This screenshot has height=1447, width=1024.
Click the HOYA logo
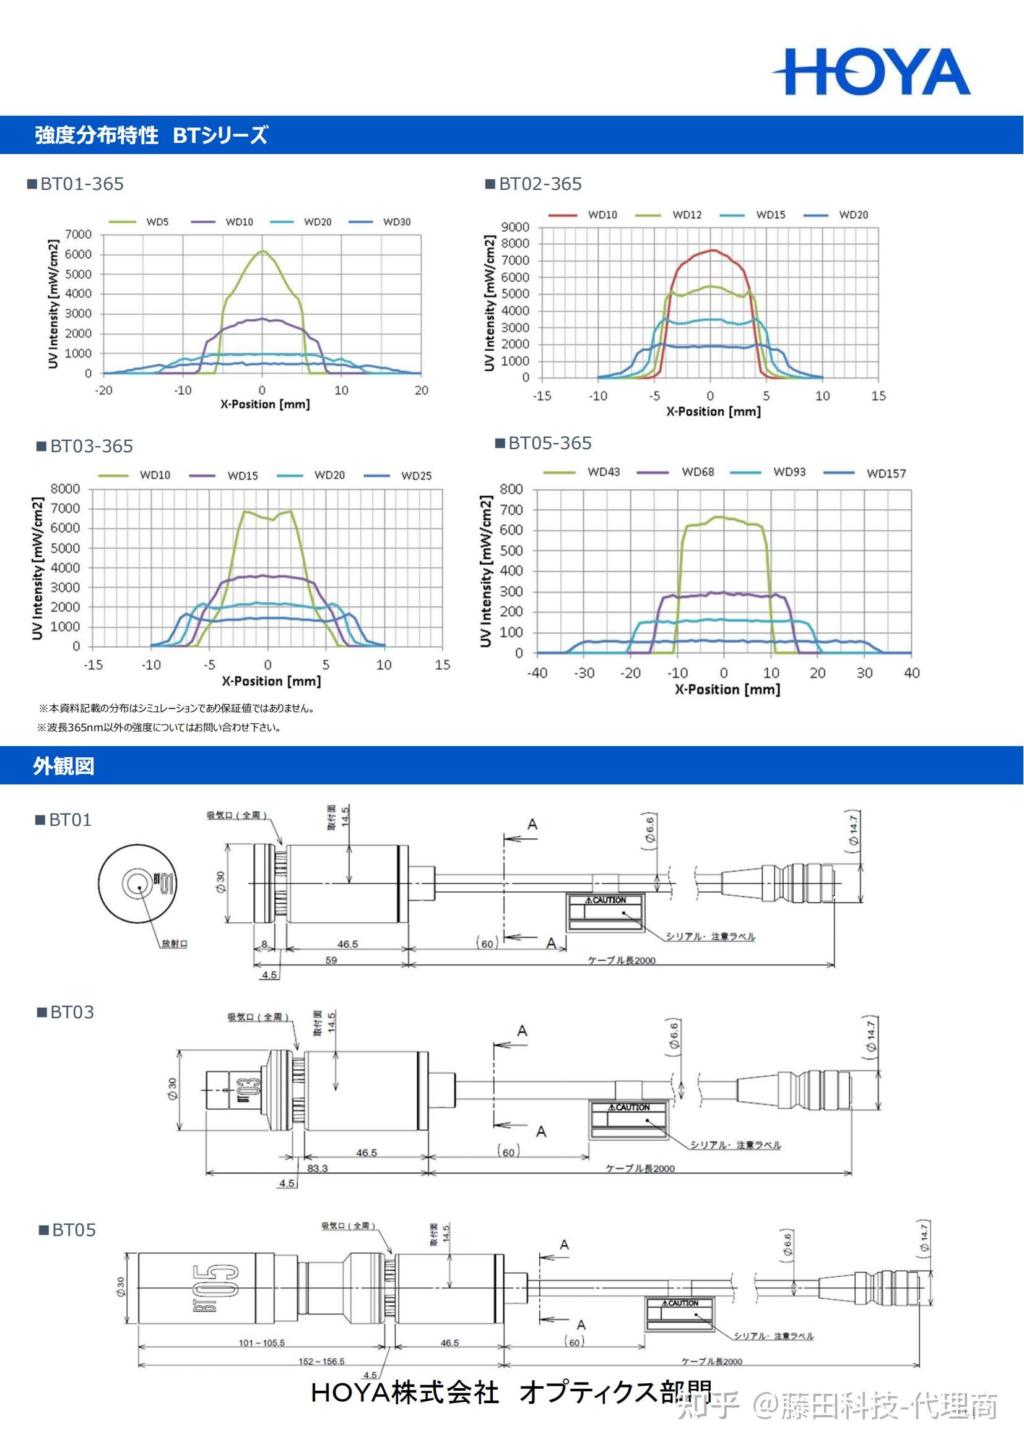[x=872, y=72]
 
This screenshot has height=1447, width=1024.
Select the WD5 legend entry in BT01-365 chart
[x=157, y=222]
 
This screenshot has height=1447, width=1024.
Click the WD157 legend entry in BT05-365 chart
[x=885, y=473]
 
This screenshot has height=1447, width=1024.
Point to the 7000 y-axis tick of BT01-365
[x=78, y=234]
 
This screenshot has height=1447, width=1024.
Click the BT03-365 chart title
[x=92, y=446]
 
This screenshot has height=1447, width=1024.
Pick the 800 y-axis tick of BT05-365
[x=511, y=489]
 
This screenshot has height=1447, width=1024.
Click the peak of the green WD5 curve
[x=263, y=251]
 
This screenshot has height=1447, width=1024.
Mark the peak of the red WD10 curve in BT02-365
[x=711, y=250]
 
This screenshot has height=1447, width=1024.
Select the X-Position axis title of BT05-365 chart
[x=727, y=689]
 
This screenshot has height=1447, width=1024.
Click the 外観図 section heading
[x=64, y=766]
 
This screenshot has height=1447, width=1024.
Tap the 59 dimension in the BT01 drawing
[x=331, y=960]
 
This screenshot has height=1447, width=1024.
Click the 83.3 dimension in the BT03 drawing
[x=317, y=1168]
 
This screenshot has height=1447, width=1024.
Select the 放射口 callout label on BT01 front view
[x=174, y=943]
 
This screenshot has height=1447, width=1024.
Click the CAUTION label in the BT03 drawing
[x=628, y=1107]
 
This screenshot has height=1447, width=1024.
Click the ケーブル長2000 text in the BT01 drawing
[x=621, y=960]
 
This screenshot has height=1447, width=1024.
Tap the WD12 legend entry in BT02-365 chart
[x=687, y=215]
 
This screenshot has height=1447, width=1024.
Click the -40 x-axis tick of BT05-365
[x=537, y=672]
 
